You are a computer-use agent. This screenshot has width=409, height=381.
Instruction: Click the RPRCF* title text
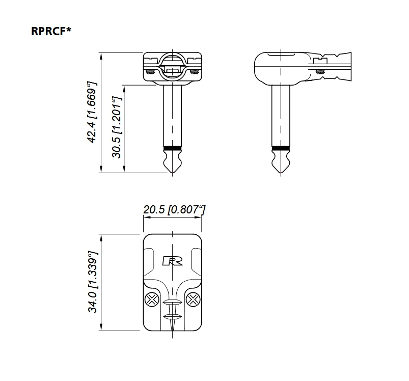51,31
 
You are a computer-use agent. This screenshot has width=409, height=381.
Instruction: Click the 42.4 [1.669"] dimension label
92,113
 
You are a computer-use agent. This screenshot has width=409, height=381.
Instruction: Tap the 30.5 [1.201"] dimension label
117,127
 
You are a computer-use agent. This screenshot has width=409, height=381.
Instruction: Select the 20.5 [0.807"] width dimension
174,209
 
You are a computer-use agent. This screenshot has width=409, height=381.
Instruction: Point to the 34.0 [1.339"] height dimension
93,282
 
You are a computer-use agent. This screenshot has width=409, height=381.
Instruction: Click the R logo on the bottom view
173,261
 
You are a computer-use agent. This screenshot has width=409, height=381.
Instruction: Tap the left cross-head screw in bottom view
152,300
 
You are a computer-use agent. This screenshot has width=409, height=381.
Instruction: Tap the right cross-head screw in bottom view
193,300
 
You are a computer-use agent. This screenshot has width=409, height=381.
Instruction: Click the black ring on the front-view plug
173,148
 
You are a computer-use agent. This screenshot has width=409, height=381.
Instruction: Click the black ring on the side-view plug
281,148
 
